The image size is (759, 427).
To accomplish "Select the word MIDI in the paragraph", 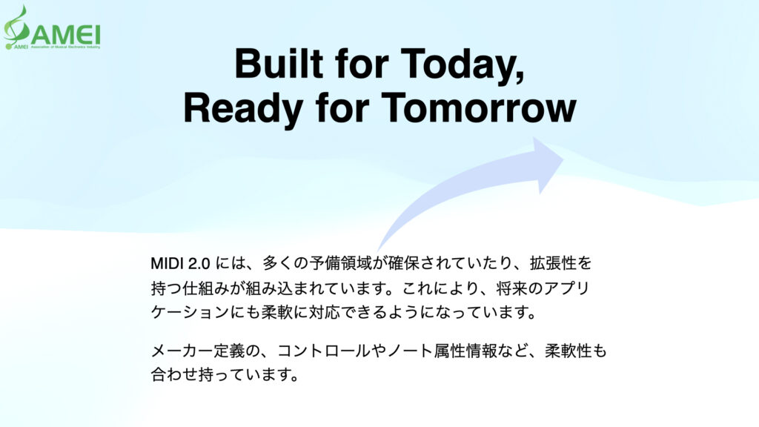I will [169, 263].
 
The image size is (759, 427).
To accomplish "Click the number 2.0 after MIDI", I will [205, 263].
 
